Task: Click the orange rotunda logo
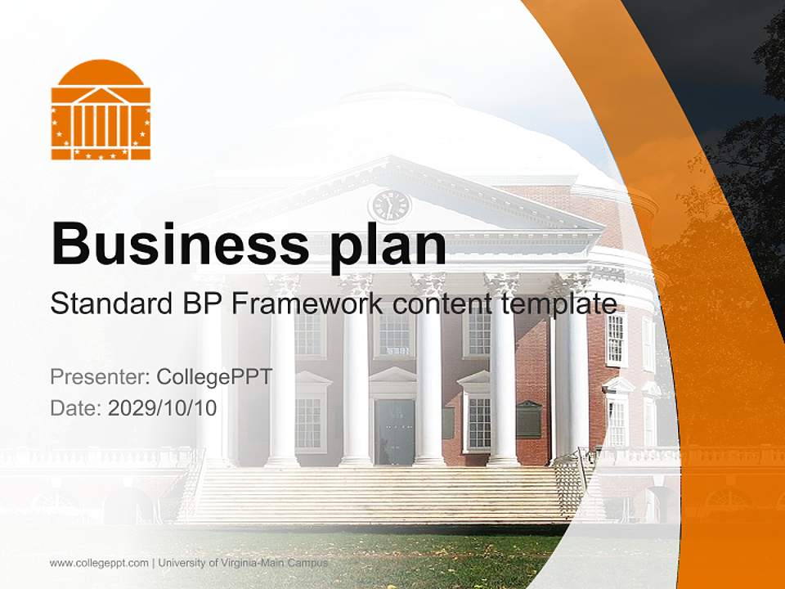[x=101, y=110]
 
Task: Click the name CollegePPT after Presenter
[x=214, y=377]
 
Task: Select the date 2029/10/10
[x=163, y=407]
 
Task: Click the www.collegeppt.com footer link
[x=99, y=563]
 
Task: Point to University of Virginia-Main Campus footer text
[x=243, y=563]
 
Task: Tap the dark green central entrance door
[x=396, y=432]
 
